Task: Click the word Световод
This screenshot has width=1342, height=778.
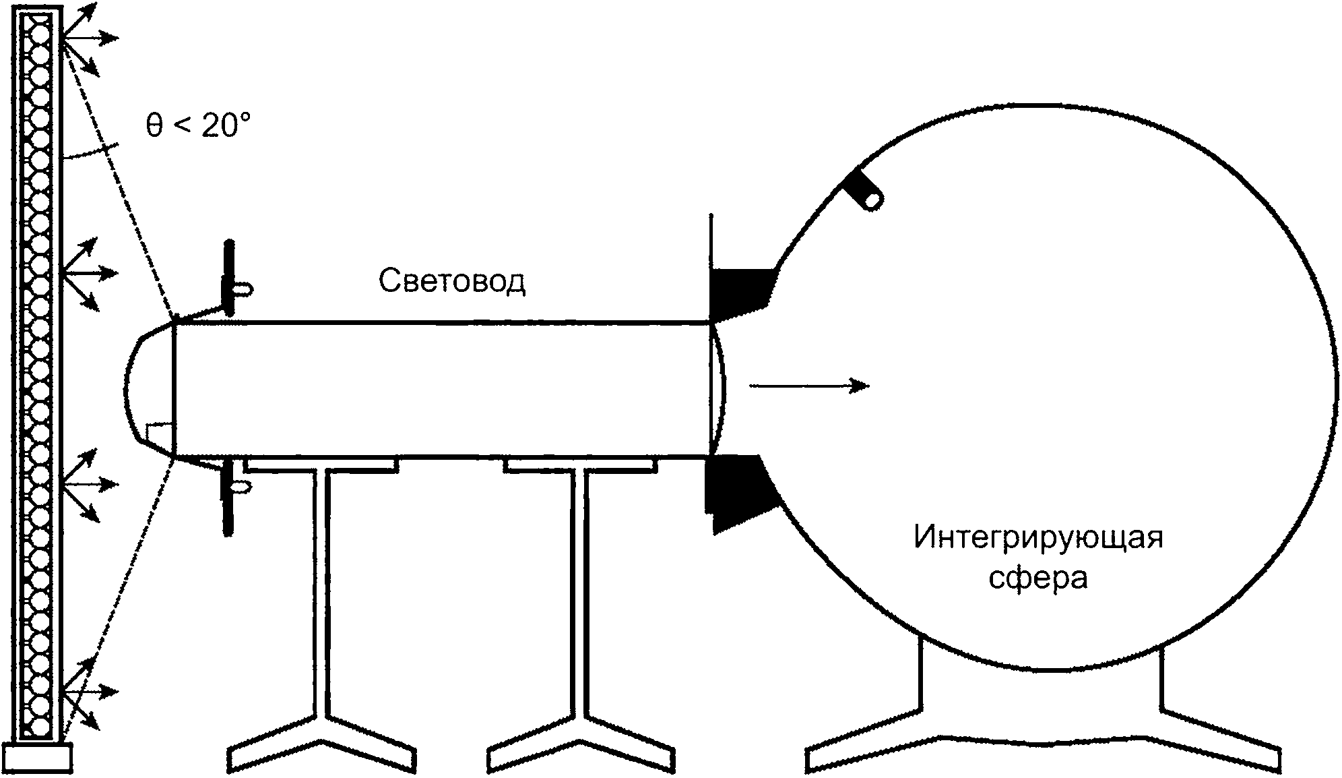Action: click(451, 281)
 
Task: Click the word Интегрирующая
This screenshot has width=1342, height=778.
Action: click(1038, 539)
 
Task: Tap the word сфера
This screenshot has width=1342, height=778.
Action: click(1038, 577)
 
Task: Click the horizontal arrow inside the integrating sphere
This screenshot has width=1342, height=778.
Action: click(808, 386)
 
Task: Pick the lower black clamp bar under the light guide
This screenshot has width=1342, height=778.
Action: click(229, 498)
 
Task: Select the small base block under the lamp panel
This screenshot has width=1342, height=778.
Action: click(38, 756)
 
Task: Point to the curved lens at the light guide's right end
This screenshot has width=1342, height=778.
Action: click(718, 390)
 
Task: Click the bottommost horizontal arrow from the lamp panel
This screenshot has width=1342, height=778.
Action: click(90, 692)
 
